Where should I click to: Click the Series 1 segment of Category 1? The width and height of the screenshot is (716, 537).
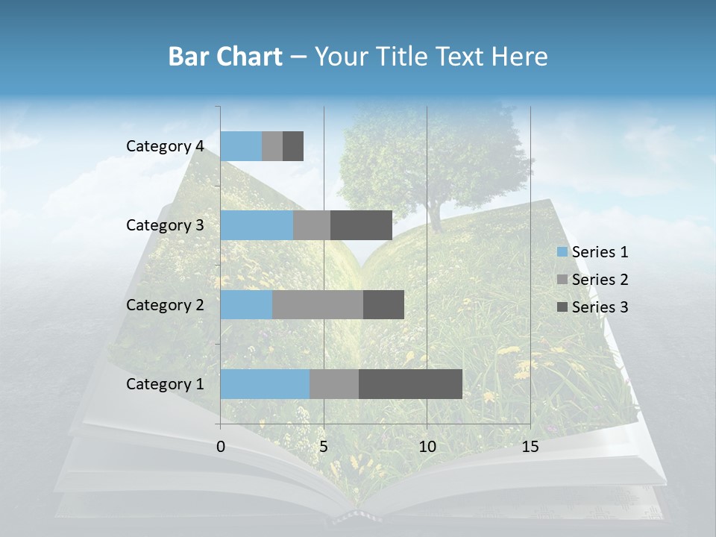tap(265, 384)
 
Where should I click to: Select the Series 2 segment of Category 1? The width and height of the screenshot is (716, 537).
tap(333, 384)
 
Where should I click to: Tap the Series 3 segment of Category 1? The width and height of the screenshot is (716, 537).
tap(410, 384)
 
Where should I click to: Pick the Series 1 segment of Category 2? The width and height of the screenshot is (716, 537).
tap(246, 305)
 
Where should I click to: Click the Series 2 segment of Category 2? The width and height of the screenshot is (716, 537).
tap(318, 305)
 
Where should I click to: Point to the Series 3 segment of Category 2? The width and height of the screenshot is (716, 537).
tap(383, 305)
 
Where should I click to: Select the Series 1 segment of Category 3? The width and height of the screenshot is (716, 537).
tap(257, 225)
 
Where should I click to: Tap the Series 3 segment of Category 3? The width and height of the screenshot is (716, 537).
tap(361, 225)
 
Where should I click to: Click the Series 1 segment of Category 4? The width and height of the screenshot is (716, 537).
tap(241, 146)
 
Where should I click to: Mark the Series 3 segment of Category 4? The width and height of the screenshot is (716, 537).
tap(293, 146)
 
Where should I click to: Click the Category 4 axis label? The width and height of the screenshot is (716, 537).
tap(165, 146)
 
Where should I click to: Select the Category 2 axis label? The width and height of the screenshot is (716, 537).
tap(165, 305)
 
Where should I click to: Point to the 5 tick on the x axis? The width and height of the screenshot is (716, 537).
tap(324, 447)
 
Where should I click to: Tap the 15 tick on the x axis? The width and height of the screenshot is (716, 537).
tap(530, 447)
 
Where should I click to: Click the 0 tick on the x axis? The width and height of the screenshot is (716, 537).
tap(221, 447)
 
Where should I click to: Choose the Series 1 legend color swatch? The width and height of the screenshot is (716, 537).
tap(562, 252)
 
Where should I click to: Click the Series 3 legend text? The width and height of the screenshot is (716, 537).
tap(600, 307)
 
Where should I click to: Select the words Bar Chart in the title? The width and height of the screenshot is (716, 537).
tap(225, 57)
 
